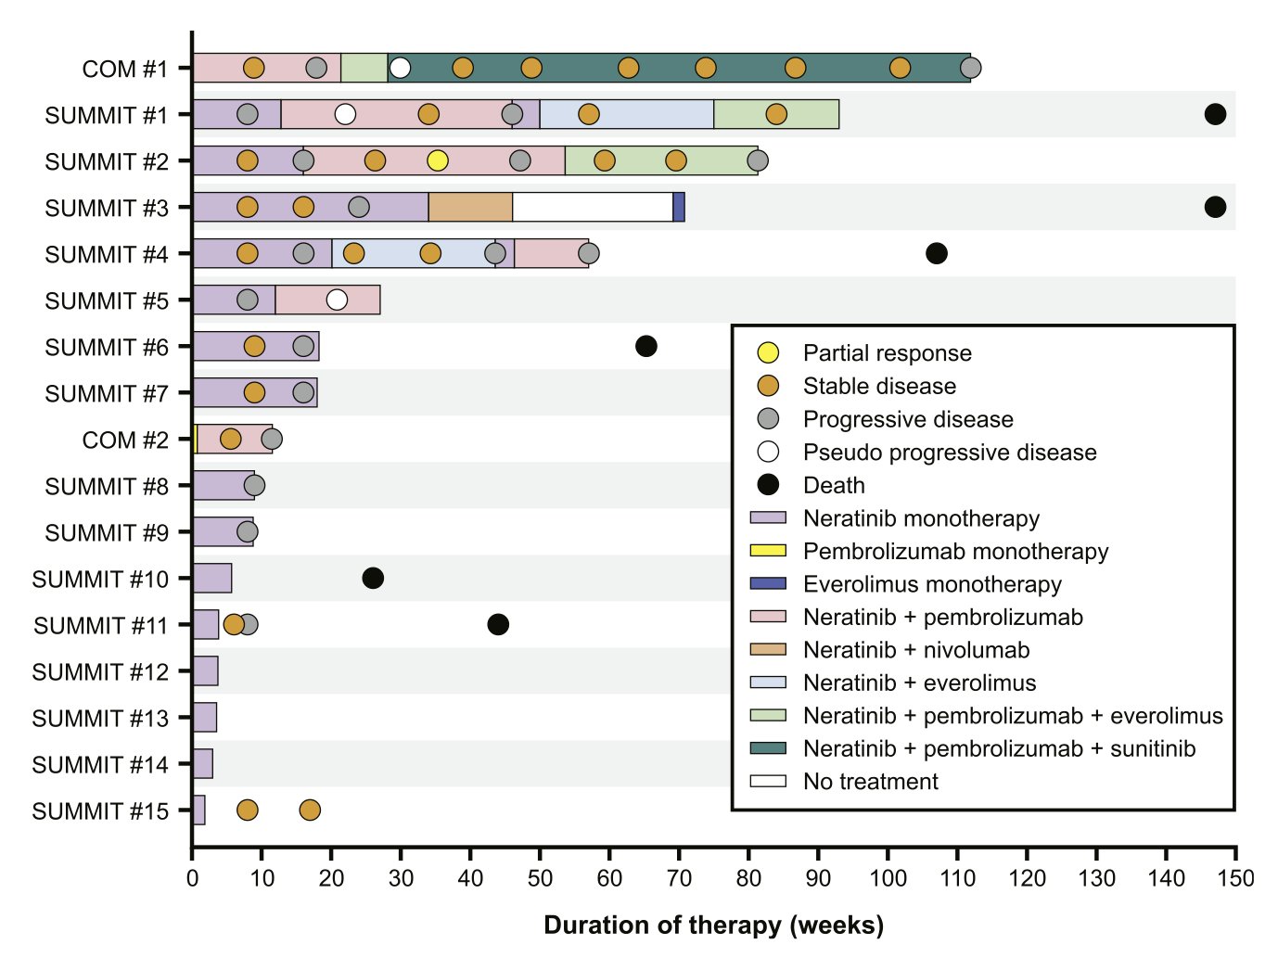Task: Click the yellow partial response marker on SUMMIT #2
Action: click(x=437, y=160)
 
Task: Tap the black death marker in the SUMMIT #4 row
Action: click(x=936, y=253)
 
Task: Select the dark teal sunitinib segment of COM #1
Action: click(x=679, y=68)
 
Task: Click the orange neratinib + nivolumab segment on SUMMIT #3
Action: click(x=470, y=207)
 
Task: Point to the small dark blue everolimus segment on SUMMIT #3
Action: click(x=679, y=207)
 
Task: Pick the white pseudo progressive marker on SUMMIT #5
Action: click(x=337, y=300)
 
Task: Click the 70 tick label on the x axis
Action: click(x=679, y=877)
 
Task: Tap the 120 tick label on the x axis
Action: click(x=1027, y=877)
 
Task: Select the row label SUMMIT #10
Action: click(x=100, y=580)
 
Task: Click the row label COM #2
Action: click(x=125, y=440)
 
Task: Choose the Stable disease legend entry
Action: click(x=856, y=386)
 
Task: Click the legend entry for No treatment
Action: click(x=845, y=782)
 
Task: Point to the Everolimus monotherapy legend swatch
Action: click(x=768, y=583)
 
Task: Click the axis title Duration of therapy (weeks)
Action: click(x=714, y=925)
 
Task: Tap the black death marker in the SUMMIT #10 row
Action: click(x=373, y=578)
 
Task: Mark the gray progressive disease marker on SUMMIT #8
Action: click(x=254, y=485)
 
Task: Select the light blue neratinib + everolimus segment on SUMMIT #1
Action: click(x=627, y=114)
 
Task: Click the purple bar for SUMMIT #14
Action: click(x=202, y=763)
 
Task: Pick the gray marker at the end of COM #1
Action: click(x=971, y=68)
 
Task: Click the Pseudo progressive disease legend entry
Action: click(x=927, y=452)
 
